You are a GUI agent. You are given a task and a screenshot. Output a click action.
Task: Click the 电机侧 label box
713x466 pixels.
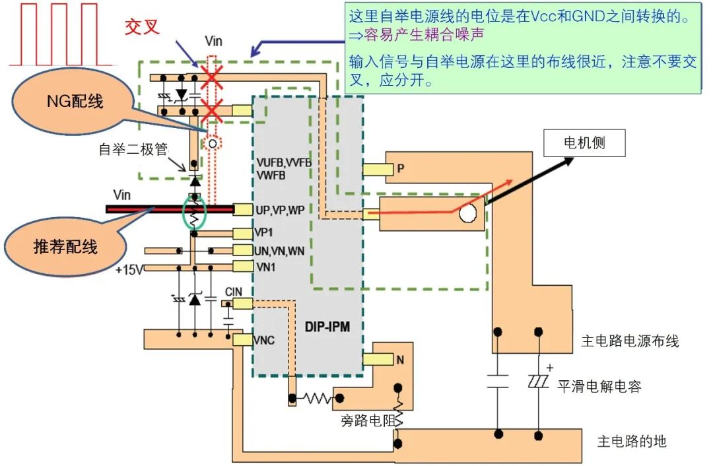click(x=584, y=143)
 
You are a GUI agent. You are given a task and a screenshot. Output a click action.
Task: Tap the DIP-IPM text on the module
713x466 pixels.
click(x=327, y=327)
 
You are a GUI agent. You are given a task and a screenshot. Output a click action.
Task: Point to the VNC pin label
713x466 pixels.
click(x=264, y=341)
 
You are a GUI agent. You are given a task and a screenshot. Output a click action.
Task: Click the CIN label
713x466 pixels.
click(x=234, y=292)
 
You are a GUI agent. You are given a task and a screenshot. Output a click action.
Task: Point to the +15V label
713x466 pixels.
click(x=129, y=270)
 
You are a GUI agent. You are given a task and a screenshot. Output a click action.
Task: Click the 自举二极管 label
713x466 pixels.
click(x=131, y=149)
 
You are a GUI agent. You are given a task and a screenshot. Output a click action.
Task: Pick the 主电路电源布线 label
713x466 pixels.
click(x=630, y=341)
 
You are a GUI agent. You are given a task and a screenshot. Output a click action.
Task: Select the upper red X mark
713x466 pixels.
click(x=211, y=78)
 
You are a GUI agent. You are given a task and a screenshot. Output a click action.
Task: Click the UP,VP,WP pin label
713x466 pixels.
click(x=279, y=209)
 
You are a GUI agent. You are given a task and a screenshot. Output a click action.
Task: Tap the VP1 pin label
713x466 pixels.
click(x=264, y=233)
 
